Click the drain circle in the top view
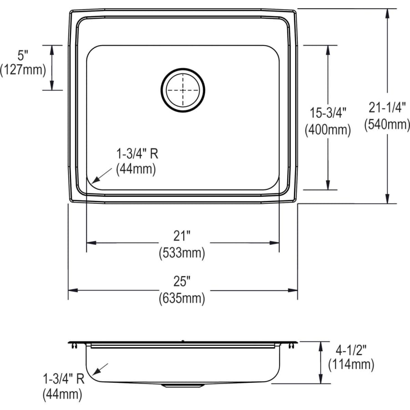tap(183, 90)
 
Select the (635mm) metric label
tap(182, 299)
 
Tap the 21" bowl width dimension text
tap(182, 236)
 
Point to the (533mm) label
tap(182, 251)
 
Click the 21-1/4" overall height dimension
tap(387, 108)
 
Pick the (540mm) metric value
tap(387, 123)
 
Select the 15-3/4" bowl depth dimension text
tap(328, 113)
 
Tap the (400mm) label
tap(328, 130)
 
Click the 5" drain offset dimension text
tap(23, 56)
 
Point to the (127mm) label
tap(23, 70)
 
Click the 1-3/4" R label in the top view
tap(136, 154)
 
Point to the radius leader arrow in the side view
tap(101, 369)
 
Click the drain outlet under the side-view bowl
tap(182, 386)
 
